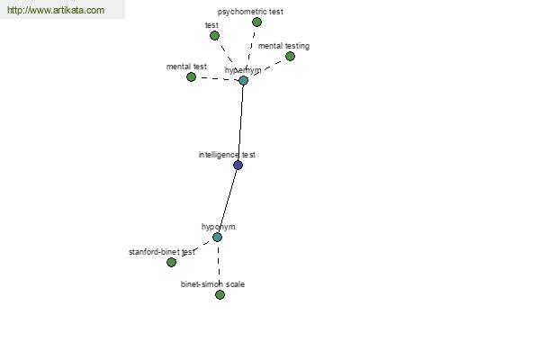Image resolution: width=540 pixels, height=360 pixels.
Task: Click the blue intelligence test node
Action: tap(238, 165)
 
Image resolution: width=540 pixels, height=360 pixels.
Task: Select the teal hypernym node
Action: tap(244, 81)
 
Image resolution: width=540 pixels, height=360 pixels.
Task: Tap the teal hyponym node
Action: tap(217, 237)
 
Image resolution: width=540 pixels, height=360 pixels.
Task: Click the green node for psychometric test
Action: tap(256, 22)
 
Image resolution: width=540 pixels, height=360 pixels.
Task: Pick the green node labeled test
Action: tap(214, 35)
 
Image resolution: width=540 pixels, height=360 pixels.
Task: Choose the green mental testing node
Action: tap(290, 56)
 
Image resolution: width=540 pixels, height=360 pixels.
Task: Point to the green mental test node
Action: tap(191, 76)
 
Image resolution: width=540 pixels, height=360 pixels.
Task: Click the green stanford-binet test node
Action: tap(171, 262)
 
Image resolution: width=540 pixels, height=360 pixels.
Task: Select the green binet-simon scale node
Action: tap(220, 294)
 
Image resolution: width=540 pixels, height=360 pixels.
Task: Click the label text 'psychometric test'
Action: tap(250, 12)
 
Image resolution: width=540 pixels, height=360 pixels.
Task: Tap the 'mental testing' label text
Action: tap(283, 46)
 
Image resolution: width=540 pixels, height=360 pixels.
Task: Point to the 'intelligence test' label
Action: tap(227, 155)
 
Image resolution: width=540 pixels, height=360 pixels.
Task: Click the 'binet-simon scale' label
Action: tap(212, 284)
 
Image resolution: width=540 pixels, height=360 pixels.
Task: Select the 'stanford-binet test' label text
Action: tap(162, 252)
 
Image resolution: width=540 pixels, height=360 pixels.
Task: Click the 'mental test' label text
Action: tap(186, 66)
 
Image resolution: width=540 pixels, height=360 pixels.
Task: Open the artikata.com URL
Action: tap(56, 10)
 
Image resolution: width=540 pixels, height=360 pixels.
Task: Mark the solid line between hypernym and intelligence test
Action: tap(240, 122)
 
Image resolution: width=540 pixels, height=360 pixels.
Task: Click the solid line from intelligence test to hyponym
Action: tap(228, 202)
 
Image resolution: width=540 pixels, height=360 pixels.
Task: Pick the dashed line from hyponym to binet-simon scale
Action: tap(219, 265)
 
